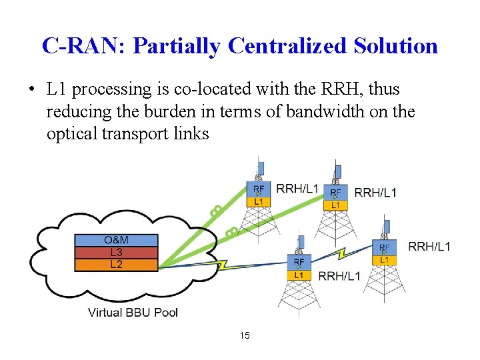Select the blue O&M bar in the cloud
117,240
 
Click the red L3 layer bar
117,252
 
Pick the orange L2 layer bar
117,264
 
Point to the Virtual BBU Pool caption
133,312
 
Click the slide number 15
245,335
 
